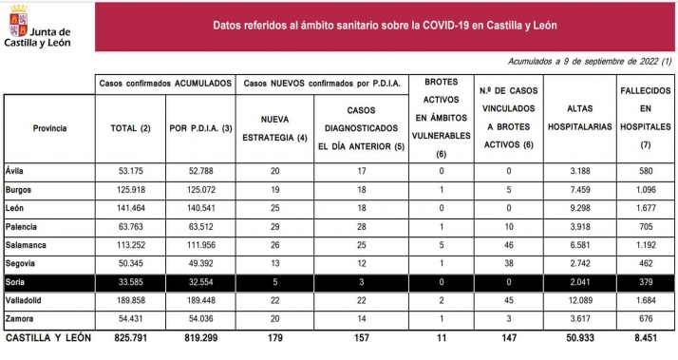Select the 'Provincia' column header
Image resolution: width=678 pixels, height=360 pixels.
click(x=48, y=127)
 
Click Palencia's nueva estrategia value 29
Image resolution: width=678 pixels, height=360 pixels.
click(x=274, y=226)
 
